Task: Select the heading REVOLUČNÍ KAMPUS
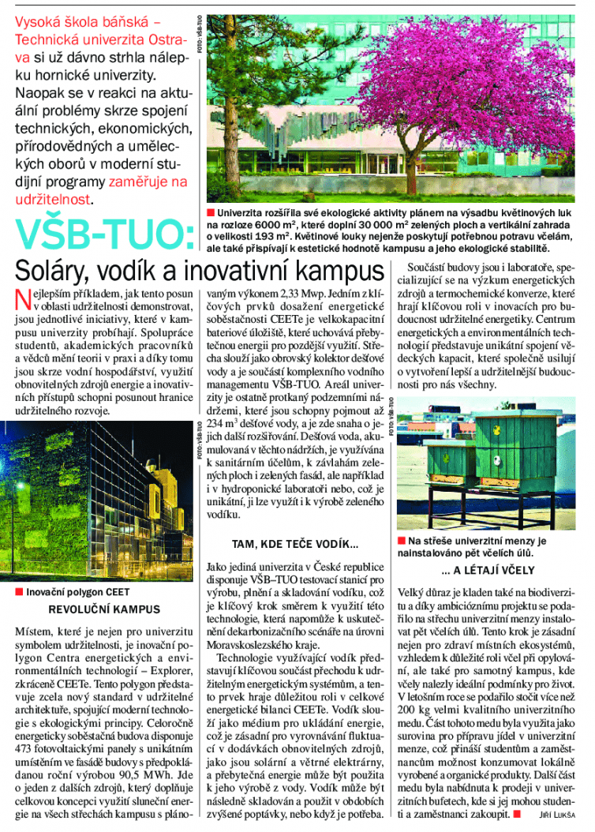104,609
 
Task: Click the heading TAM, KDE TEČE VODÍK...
295,545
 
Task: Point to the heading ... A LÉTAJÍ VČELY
488,570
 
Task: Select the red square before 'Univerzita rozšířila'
211,213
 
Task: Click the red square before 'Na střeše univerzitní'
402,542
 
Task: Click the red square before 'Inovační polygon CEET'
19,592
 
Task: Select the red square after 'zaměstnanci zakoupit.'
515,815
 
